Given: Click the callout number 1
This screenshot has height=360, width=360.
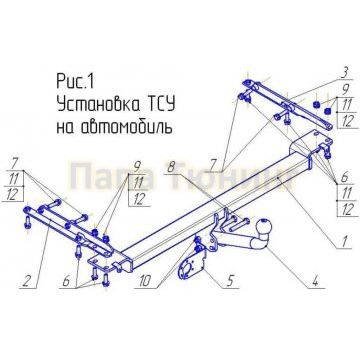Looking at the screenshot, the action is click(343, 240).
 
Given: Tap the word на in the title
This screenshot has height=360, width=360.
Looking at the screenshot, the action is click(61, 128).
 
